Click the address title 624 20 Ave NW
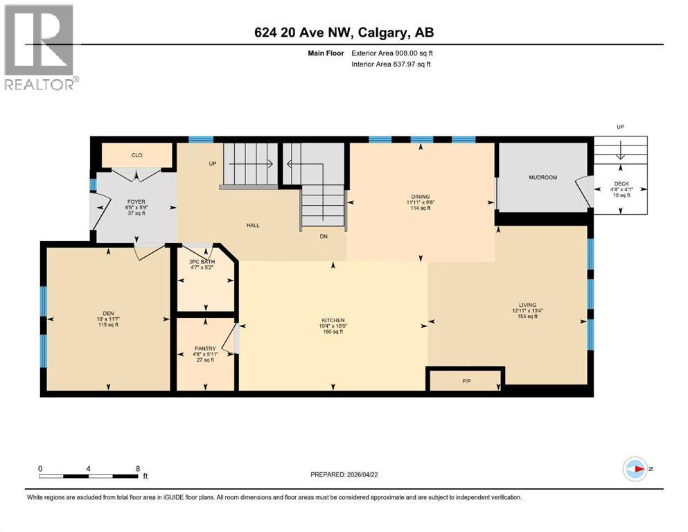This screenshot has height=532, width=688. tap(344, 33)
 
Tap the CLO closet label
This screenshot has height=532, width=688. tap(137, 155)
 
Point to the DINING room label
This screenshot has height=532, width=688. tap(420, 195)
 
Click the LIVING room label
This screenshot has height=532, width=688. tap(528, 305)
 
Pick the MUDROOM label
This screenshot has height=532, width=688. tap(543, 177)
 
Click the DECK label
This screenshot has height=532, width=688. tap(620, 185)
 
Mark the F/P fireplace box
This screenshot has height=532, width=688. tap(465, 381)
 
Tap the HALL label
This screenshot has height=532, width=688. tap(254, 225)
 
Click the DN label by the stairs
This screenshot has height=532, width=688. tap(323, 236)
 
